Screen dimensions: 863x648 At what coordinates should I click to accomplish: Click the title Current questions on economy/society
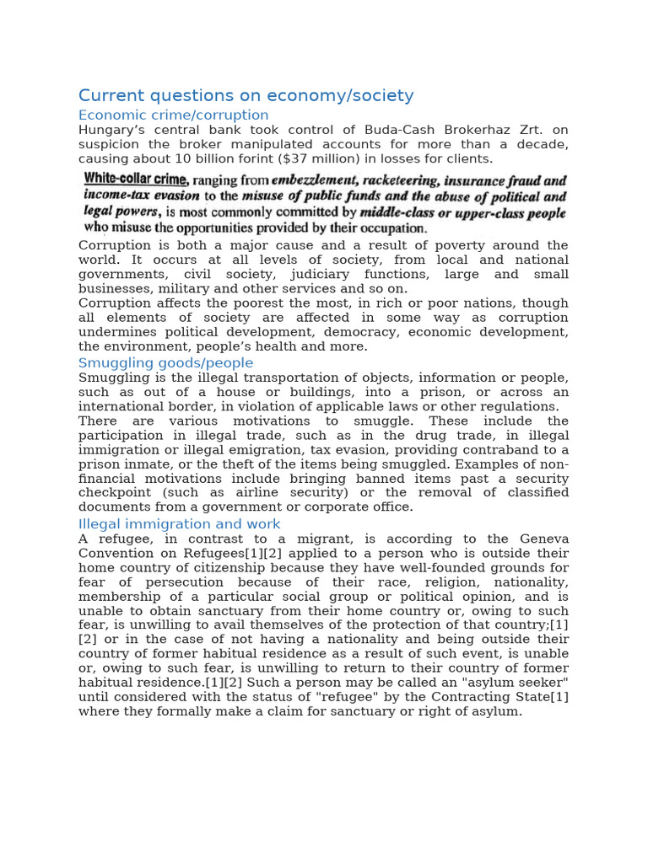click(x=246, y=96)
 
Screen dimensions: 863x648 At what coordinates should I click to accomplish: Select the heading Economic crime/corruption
click(x=173, y=115)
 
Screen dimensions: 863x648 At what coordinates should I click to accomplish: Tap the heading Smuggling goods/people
click(x=165, y=363)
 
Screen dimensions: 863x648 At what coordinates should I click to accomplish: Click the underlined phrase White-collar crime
click(x=137, y=180)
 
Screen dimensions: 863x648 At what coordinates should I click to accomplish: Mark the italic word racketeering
click(x=411, y=180)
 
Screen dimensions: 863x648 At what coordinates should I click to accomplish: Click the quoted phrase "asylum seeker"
click(x=516, y=682)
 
